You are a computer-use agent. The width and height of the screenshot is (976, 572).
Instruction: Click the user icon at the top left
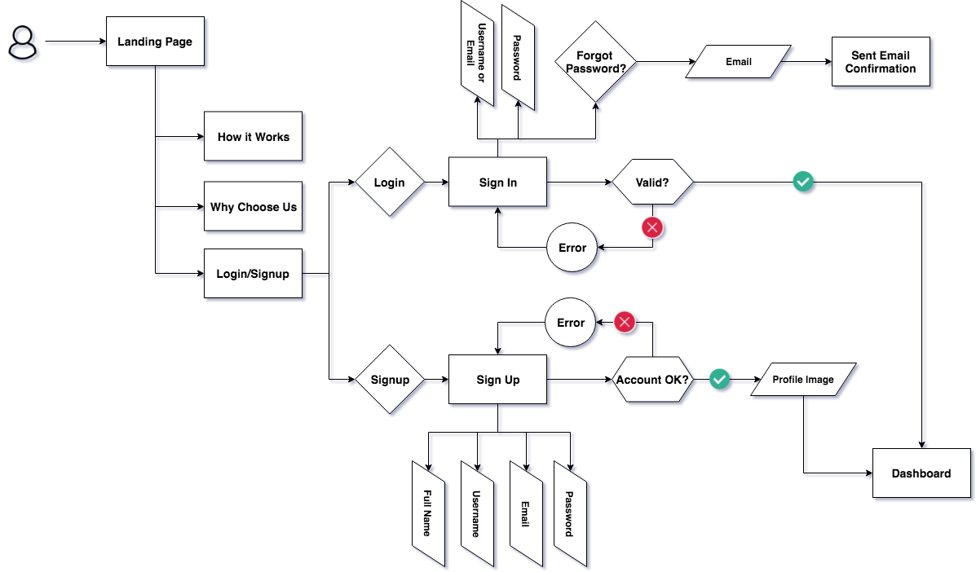click(x=23, y=42)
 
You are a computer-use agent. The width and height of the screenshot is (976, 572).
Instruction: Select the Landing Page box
click(x=155, y=42)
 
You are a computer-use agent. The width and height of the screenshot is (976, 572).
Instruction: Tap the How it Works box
click(x=253, y=137)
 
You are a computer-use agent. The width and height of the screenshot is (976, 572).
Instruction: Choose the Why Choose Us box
click(x=253, y=207)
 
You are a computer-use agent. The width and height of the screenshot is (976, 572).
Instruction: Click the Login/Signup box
click(x=253, y=274)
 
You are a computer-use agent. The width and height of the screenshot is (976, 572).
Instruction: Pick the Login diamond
click(x=389, y=182)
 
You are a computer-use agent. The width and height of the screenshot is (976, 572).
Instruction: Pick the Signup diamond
click(x=390, y=380)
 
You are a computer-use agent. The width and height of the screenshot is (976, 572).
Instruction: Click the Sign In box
click(x=497, y=183)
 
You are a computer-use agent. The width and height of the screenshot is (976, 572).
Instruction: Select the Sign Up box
click(x=497, y=380)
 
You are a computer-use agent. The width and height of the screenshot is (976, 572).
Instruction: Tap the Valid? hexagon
click(x=652, y=182)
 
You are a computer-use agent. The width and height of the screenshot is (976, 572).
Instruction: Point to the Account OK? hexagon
click(x=652, y=380)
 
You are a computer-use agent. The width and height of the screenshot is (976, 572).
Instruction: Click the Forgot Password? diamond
click(x=596, y=62)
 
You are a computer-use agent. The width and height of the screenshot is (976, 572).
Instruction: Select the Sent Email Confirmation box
click(x=881, y=62)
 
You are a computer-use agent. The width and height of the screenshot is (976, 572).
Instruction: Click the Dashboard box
click(x=921, y=473)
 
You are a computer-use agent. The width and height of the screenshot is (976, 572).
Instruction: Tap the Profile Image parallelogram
click(x=804, y=380)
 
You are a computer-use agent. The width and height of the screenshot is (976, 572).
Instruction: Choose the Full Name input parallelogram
click(x=428, y=513)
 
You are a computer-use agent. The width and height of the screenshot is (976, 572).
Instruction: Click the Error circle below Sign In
click(x=572, y=247)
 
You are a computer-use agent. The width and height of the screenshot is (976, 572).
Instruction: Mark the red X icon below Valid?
click(x=651, y=227)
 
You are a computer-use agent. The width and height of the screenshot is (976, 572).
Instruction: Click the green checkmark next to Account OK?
click(x=719, y=379)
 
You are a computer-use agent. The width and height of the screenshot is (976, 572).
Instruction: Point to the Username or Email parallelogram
click(x=476, y=54)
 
